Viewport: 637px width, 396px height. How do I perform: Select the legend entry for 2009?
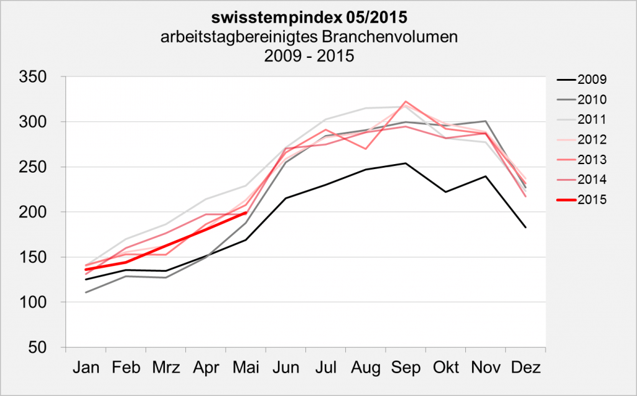point(592,79)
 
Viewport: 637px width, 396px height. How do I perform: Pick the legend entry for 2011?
point(592,119)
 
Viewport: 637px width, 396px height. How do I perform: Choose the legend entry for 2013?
point(592,160)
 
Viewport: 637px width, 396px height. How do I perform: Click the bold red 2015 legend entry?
point(592,200)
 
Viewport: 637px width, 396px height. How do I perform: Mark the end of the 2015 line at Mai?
point(246,213)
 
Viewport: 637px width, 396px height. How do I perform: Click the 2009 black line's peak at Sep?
point(406,163)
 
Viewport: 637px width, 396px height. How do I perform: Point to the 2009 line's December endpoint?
point(526,228)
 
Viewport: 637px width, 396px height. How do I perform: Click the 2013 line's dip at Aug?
point(366,149)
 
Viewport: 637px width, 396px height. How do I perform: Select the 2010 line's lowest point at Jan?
point(86,292)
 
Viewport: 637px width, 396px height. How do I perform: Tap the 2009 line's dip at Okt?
point(445,192)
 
